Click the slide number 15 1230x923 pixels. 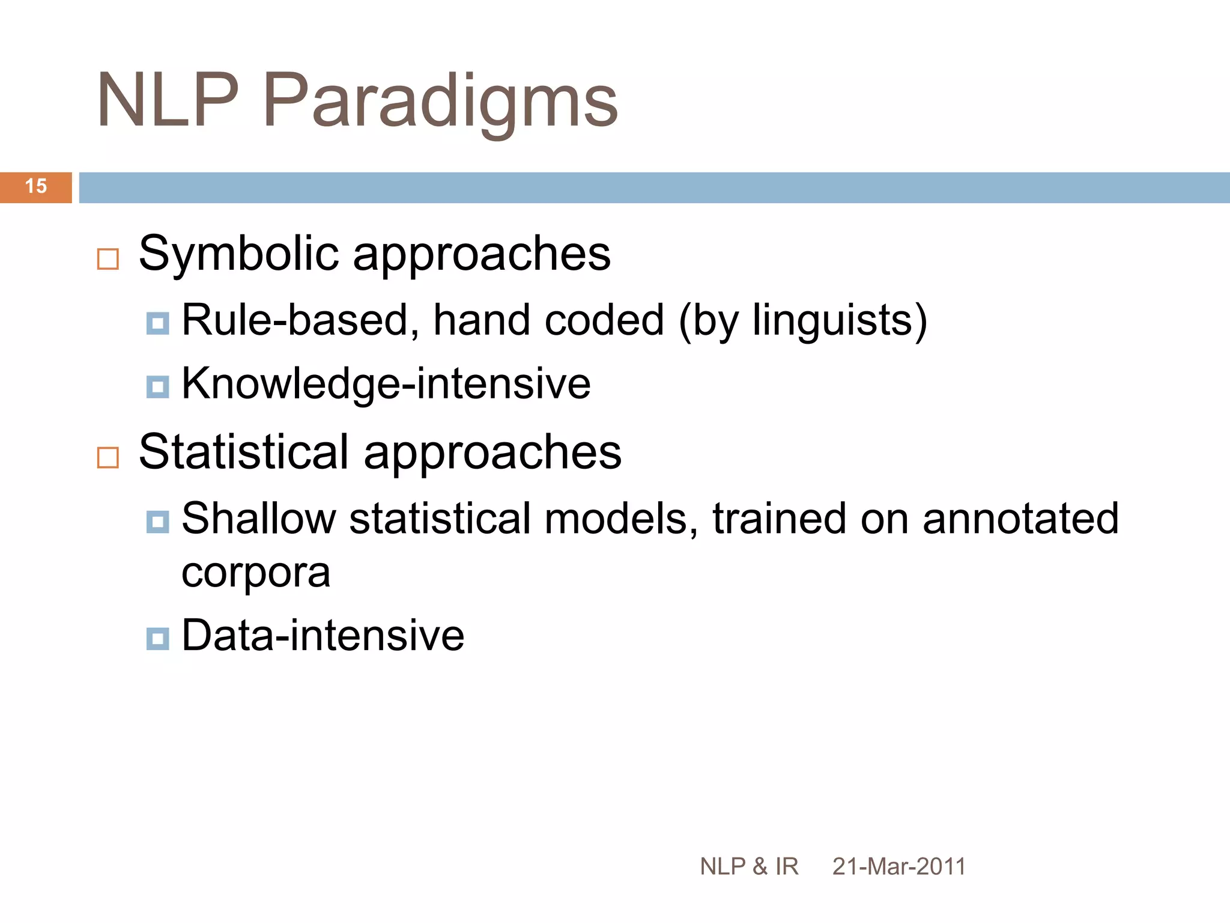(x=36, y=186)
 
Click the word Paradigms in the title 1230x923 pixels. (x=440, y=101)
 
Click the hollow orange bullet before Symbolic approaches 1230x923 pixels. (x=108, y=260)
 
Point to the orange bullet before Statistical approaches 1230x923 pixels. (x=108, y=458)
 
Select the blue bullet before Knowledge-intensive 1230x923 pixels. (x=157, y=388)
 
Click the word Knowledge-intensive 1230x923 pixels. (x=386, y=384)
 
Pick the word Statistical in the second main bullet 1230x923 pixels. (x=243, y=452)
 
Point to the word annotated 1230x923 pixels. (x=1020, y=519)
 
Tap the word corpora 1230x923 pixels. (x=256, y=574)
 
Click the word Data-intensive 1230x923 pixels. (x=323, y=636)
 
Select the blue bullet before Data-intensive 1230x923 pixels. (x=157, y=639)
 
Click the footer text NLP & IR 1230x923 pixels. (x=749, y=867)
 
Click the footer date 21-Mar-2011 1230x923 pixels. (x=898, y=867)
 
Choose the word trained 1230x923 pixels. (x=779, y=519)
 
